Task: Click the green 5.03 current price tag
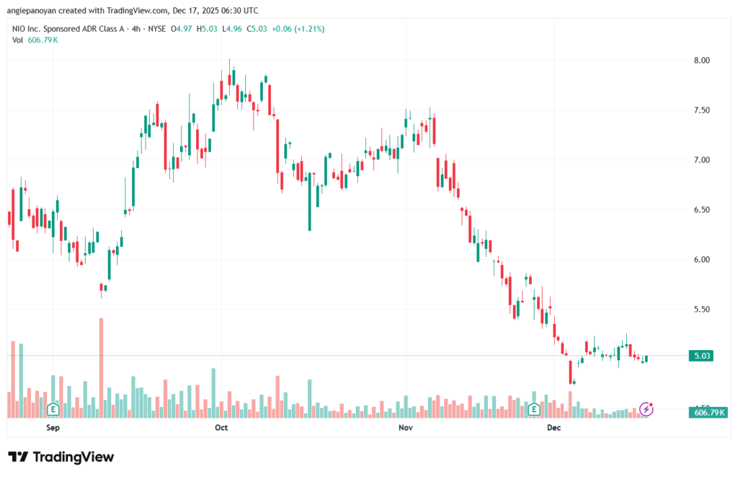click(701, 356)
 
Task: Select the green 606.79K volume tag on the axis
click(709, 413)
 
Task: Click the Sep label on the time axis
click(53, 427)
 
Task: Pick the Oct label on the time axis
click(221, 427)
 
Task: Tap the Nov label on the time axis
click(405, 427)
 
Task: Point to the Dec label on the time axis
click(553, 427)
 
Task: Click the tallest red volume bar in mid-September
click(102, 367)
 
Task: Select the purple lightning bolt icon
click(646, 409)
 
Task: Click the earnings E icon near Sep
click(52, 409)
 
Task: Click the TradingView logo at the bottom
click(61, 457)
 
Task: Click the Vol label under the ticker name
click(18, 40)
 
